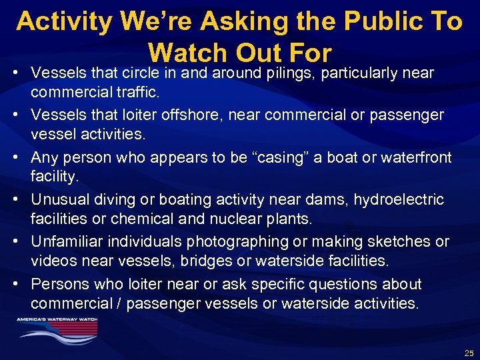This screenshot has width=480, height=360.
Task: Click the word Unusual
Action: point(58,199)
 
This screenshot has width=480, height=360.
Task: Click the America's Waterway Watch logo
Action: point(57,329)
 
